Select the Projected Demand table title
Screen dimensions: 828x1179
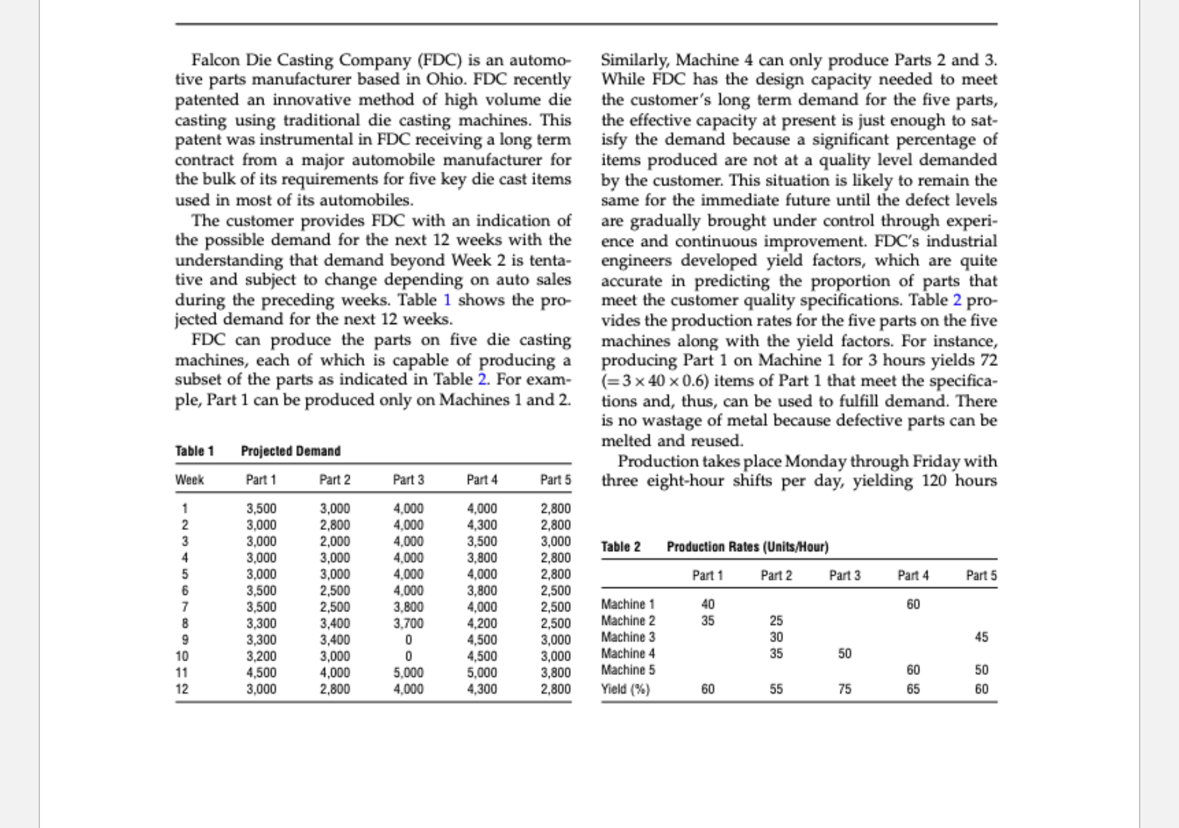tap(290, 451)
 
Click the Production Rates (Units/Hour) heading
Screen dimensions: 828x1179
tap(747, 547)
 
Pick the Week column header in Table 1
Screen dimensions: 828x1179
tap(189, 480)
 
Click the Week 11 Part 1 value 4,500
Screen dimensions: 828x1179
tap(261, 673)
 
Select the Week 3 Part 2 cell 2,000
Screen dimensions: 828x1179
tap(335, 541)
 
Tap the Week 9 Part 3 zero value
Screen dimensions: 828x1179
tap(408, 640)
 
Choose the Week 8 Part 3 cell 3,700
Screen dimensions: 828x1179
tap(408, 623)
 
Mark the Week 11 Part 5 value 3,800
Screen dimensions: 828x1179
tap(555, 673)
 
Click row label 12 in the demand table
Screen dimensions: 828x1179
tap(182, 689)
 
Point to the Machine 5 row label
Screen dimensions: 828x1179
tap(628, 670)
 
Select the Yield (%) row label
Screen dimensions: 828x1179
tap(625, 689)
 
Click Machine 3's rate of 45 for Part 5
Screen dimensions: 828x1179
tap(981, 637)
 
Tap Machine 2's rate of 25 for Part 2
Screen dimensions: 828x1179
tap(776, 621)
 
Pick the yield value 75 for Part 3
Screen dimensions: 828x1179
tap(844, 689)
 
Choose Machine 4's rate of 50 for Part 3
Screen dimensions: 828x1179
tap(844, 654)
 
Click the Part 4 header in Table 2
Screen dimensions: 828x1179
tap(912, 576)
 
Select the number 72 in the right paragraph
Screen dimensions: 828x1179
tap(989, 360)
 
